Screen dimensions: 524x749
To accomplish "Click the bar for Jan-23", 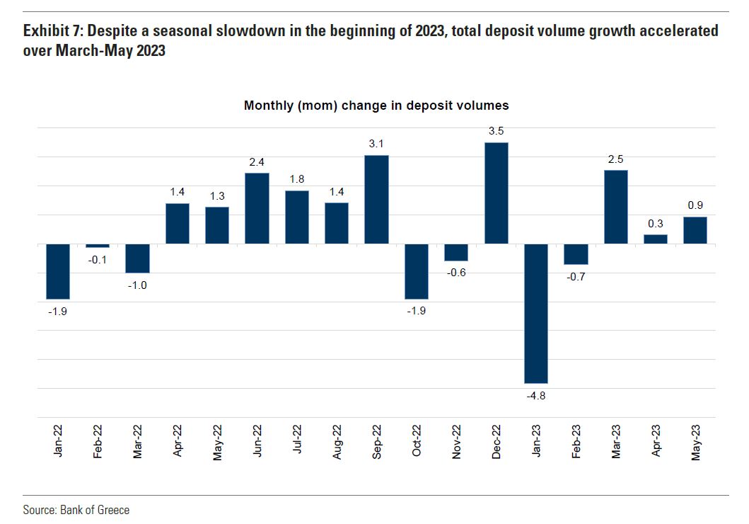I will pyautogui.click(x=536, y=313).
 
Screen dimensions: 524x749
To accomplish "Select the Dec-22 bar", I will pyautogui.click(x=496, y=193).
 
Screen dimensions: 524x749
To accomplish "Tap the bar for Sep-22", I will pyautogui.click(x=376, y=200).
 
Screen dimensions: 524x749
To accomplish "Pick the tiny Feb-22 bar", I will pyautogui.click(x=98, y=246).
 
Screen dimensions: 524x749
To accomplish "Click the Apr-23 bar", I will pyautogui.click(x=656, y=239).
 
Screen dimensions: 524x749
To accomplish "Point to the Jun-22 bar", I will pyautogui.click(x=257, y=208).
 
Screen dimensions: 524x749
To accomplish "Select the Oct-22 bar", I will pyautogui.click(x=417, y=271).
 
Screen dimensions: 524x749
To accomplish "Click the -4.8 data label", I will pyautogui.click(x=536, y=396).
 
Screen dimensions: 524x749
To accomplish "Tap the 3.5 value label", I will pyautogui.click(x=496, y=131).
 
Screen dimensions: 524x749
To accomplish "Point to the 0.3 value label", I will pyautogui.click(x=656, y=223).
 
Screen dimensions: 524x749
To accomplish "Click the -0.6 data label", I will pyautogui.click(x=456, y=273).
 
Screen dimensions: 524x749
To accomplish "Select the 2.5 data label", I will pyautogui.click(x=616, y=159).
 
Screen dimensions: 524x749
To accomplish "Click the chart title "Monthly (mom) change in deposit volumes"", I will pyautogui.click(x=376, y=106).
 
